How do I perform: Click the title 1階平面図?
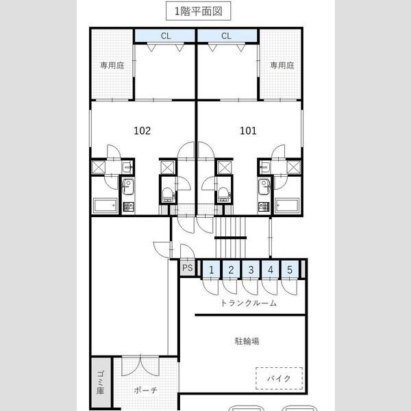tap(199, 11)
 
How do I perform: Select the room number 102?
tap(142, 131)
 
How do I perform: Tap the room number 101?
tap(248, 131)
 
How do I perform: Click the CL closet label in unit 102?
tap(166, 36)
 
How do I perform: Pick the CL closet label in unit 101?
tap(226, 36)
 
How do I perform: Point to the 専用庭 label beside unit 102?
tap(112, 65)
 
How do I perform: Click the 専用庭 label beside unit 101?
tap(282, 65)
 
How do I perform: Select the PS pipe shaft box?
tap(188, 268)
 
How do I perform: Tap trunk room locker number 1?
tap(211, 270)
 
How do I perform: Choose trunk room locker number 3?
tap(251, 270)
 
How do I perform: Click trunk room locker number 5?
tap(290, 270)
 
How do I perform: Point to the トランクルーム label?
tap(249, 303)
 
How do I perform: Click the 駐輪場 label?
tap(247, 341)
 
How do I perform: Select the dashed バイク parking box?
tap(279, 379)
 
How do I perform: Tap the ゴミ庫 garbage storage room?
tap(101, 383)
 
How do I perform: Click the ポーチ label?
tap(145, 390)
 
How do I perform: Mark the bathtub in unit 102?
tap(105, 206)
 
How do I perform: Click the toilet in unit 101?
tap(223, 194)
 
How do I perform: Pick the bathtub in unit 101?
tap(287, 206)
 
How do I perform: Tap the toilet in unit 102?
tap(168, 194)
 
